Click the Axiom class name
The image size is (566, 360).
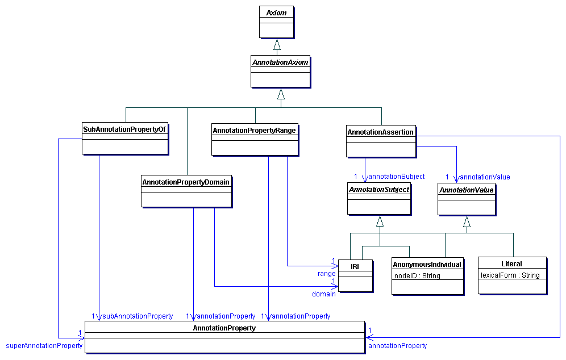[277, 12]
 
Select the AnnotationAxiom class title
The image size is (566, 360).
[280, 62]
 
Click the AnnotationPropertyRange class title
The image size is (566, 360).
[254, 130]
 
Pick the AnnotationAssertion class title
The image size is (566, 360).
[380, 132]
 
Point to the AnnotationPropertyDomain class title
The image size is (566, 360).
[186, 182]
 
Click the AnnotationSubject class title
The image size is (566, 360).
[378, 190]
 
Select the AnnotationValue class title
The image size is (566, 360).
[466, 190]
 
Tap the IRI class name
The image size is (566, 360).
[355, 265]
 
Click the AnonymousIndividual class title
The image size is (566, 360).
[427, 264]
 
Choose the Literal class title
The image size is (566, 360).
[511, 263]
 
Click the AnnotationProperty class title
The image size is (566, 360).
[224, 328]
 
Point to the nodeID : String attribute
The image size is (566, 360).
[417, 276]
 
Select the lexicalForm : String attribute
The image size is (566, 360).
[510, 275]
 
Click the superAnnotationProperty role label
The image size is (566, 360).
[44, 345]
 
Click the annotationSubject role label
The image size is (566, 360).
[397, 177]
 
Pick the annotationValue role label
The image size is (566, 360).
[484, 177]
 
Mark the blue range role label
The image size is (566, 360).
[326, 274]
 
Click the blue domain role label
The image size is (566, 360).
[323, 294]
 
